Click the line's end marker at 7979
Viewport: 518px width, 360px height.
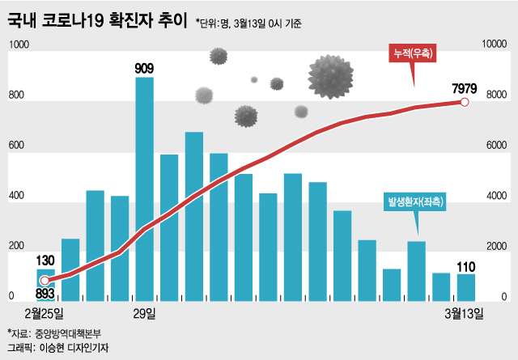coord(465,102)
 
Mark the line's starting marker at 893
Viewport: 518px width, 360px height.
coord(45,281)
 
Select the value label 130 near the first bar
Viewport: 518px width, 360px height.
coord(45,260)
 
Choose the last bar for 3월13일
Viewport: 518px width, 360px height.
coord(465,286)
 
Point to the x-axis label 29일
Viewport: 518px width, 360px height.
coord(146,313)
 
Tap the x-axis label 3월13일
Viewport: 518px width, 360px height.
coord(465,313)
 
